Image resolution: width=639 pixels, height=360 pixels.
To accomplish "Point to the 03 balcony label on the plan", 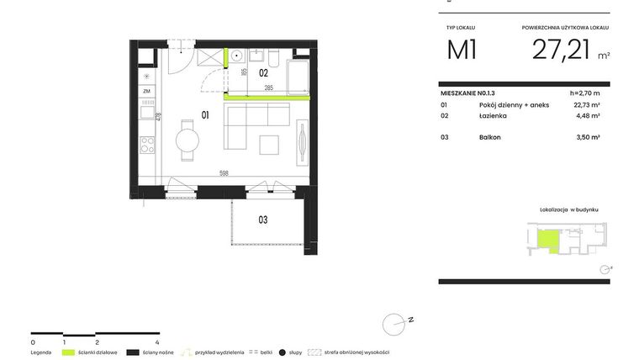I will (262, 220).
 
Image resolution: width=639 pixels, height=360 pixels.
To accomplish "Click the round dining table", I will (187, 137).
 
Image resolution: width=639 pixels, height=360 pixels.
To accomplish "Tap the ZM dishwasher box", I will (147, 91).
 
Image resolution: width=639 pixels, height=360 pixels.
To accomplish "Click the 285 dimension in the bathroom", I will (268, 87).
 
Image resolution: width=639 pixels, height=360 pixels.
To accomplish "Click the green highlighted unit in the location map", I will (547, 241).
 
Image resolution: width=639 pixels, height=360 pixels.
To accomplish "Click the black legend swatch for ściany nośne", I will (132, 352).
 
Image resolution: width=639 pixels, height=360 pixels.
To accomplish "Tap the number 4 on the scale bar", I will (158, 343).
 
